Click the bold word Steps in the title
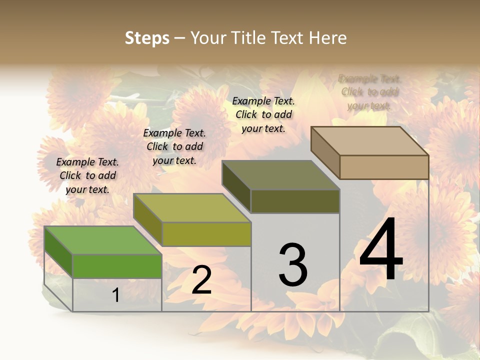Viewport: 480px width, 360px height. click(x=147, y=38)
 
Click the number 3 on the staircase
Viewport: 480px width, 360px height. click(x=293, y=265)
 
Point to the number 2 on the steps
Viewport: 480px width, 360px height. click(x=201, y=280)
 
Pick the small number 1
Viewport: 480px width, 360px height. click(x=115, y=295)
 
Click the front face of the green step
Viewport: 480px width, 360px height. click(x=117, y=266)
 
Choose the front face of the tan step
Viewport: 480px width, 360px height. click(x=384, y=167)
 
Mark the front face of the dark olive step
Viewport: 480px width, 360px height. click(x=295, y=201)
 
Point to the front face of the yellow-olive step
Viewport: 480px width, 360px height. click(x=206, y=234)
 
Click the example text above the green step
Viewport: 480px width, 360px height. click(x=87, y=175)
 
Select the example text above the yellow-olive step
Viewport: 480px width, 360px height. click(x=174, y=146)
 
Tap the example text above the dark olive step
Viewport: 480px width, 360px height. click(x=263, y=114)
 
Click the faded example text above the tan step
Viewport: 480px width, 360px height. click(x=369, y=92)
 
